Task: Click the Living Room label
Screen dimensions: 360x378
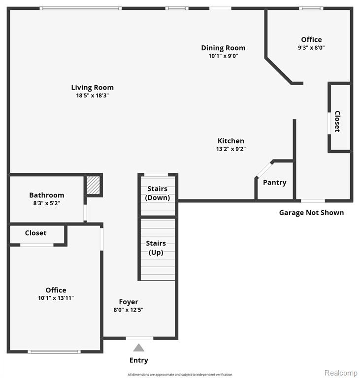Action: tap(92, 88)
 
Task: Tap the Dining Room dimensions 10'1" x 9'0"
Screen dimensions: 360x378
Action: tap(223, 56)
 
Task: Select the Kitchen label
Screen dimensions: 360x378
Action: tap(230, 141)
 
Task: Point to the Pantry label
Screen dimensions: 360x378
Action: tap(275, 183)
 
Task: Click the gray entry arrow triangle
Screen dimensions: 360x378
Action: tap(139, 347)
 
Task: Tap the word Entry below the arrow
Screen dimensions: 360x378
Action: tap(139, 360)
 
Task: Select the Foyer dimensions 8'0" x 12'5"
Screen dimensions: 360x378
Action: tap(129, 310)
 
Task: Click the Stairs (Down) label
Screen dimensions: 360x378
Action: tap(157, 193)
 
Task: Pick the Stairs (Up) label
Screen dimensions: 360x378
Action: tap(156, 248)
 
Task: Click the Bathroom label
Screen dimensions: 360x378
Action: tap(47, 195)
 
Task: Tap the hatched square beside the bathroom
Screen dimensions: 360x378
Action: tap(93, 185)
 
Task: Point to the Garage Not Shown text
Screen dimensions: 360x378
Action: tap(311, 213)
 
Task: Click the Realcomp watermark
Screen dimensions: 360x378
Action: tap(341, 373)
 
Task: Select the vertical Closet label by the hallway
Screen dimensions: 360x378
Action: tap(337, 121)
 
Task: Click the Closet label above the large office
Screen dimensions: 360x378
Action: tap(36, 233)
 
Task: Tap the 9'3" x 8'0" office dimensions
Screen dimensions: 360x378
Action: tap(311, 48)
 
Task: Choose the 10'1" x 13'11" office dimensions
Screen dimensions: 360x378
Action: tap(56, 298)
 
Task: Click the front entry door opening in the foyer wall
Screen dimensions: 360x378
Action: tap(139, 338)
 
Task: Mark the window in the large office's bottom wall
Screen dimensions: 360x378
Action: tap(54, 352)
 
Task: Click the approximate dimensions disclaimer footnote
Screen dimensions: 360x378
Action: tap(180, 375)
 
